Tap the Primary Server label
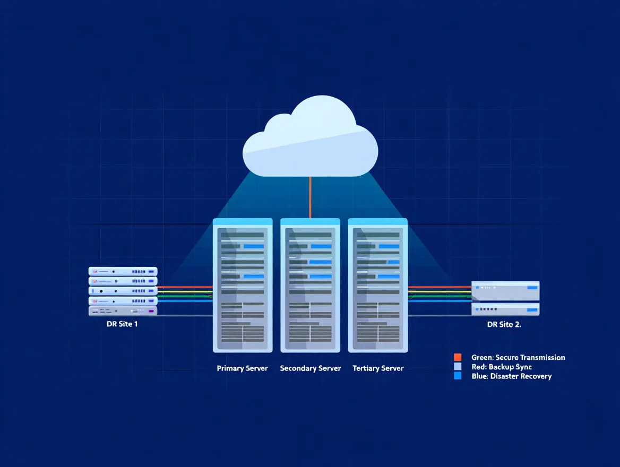[242, 368]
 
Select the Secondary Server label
[311, 368]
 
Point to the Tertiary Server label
[378, 368]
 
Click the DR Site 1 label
[122, 324]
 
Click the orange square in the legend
[458, 358]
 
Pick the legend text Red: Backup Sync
[502, 367]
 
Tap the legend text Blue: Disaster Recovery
[511, 376]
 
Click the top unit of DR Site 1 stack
[123, 271]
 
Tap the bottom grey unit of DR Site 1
[123, 311]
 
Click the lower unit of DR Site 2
[505, 309]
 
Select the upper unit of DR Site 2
[505, 290]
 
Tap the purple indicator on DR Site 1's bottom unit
[151, 311]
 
